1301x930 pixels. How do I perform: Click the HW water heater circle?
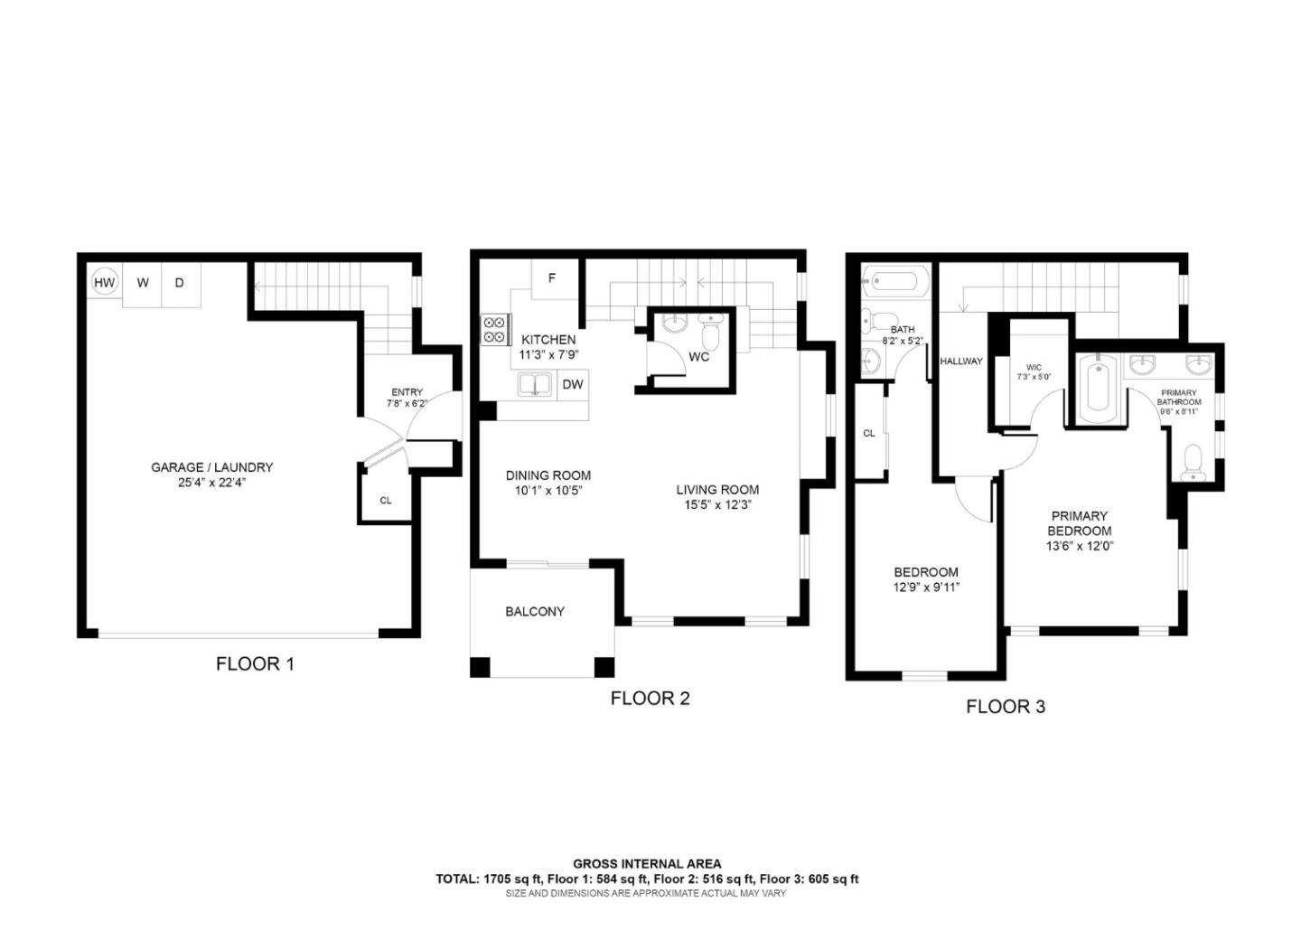tap(105, 283)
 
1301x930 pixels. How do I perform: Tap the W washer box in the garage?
tap(143, 284)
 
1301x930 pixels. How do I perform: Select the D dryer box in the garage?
tap(180, 284)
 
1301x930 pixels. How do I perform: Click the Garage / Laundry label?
tap(211, 467)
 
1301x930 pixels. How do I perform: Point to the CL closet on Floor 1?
tap(386, 500)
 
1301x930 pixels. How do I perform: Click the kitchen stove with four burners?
tap(494, 329)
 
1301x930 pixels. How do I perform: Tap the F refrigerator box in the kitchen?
tap(551, 279)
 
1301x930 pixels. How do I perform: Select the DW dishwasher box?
tap(572, 385)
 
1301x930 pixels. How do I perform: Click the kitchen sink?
tap(535, 385)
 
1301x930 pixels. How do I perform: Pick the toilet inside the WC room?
tap(710, 334)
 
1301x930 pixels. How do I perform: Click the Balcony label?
tap(535, 612)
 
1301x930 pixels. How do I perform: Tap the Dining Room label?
tap(548, 475)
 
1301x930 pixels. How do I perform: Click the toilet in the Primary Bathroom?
tap(1192, 461)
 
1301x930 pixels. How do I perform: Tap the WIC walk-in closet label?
tap(1034, 368)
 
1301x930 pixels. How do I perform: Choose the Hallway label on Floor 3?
tap(960, 362)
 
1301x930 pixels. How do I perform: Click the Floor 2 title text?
tap(650, 699)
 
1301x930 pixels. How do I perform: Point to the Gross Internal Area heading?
tap(647, 864)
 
